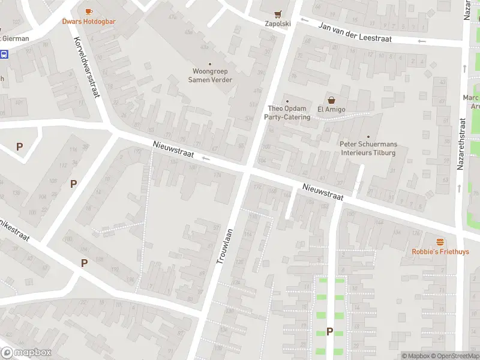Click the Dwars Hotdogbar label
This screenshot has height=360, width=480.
pyautogui.click(x=89, y=22)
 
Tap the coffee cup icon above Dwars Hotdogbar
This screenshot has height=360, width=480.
pyautogui.click(x=89, y=11)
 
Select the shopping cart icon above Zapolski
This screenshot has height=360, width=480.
pyautogui.click(x=277, y=14)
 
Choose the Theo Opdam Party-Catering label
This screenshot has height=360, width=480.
pyautogui.click(x=288, y=113)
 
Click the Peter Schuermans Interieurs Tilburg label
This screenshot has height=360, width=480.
pyautogui.click(x=368, y=148)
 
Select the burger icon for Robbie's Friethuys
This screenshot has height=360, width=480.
pyautogui.click(x=440, y=242)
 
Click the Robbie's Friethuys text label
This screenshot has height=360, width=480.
pyautogui.click(x=440, y=252)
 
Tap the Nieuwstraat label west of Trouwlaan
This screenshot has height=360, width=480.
pyautogui.click(x=173, y=149)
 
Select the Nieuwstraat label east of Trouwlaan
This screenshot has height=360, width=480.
pyautogui.click(x=323, y=192)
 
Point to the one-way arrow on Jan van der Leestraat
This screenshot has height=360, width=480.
pyautogui.click(x=422, y=41)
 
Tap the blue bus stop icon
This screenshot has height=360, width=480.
pyautogui.click(x=4, y=55)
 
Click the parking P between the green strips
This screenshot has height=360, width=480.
pyautogui.click(x=329, y=331)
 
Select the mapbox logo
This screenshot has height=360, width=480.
pyautogui.click(x=26, y=353)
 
